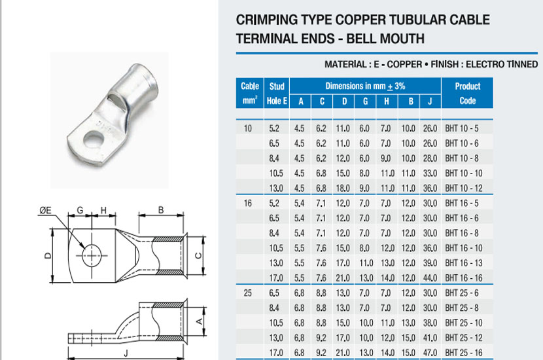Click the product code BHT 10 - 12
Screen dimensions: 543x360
tap(464, 188)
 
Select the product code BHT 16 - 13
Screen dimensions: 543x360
tap(464, 263)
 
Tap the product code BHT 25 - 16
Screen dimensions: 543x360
tap(464, 353)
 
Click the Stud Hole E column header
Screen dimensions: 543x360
tap(277, 93)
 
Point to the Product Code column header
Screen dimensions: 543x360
tap(468, 93)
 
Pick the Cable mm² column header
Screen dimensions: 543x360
tap(250, 93)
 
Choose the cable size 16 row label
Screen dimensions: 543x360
tap(247, 203)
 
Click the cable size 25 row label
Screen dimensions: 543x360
tap(247, 293)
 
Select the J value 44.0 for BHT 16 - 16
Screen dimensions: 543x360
tap(430, 278)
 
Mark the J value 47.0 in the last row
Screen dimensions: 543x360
tap(430, 353)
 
